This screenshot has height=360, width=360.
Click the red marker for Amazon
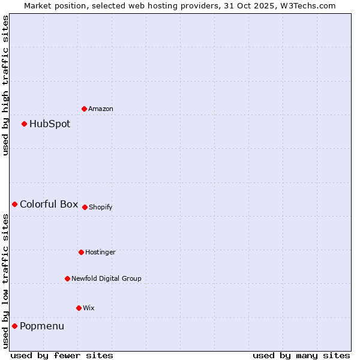pyautogui.click(x=85, y=109)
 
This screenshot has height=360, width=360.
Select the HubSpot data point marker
pyautogui.click(x=25, y=124)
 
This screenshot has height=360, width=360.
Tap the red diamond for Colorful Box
pyautogui.click(x=15, y=205)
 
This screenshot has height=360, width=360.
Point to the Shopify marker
pyautogui.click(x=85, y=207)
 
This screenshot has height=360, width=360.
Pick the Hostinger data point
pyautogui.click(x=81, y=252)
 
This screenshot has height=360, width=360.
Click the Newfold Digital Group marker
pyautogui.click(x=68, y=278)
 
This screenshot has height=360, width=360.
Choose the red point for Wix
pyautogui.click(x=79, y=308)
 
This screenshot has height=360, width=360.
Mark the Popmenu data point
pyautogui.click(x=15, y=326)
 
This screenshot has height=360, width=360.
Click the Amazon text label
pyautogui.click(x=101, y=109)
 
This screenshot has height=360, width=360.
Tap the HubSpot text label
pyautogui.click(x=50, y=124)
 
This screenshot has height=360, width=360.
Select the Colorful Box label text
pyautogui.click(x=49, y=205)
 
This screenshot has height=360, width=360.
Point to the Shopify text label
pyautogui.click(x=101, y=208)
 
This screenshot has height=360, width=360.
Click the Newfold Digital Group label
pyautogui.click(x=107, y=278)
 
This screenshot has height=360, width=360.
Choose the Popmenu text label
pyautogui.click(x=42, y=326)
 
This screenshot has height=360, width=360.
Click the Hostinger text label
pyautogui.click(x=100, y=253)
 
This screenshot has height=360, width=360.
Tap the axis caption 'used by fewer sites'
pyautogui.click(x=62, y=355)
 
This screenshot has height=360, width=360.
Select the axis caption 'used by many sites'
pyautogui.click(x=301, y=355)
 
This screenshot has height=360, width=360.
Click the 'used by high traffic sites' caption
pyautogui.click(x=5, y=85)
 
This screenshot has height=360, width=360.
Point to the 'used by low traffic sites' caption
pyautogui.click(x=5, y=281)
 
